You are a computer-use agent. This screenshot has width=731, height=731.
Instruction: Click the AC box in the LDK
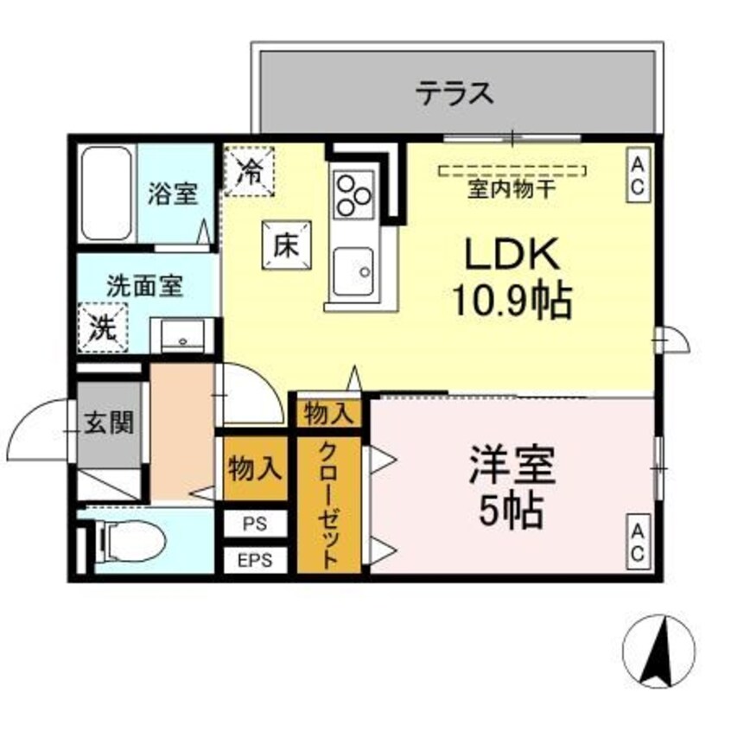638,176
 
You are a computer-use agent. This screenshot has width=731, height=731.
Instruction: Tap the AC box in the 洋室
638,543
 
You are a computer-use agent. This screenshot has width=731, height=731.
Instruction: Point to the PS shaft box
254,524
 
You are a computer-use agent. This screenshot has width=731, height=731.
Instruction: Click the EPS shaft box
254,559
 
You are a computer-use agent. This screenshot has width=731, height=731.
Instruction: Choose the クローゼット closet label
328,505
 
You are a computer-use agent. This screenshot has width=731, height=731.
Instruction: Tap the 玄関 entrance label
108,424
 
